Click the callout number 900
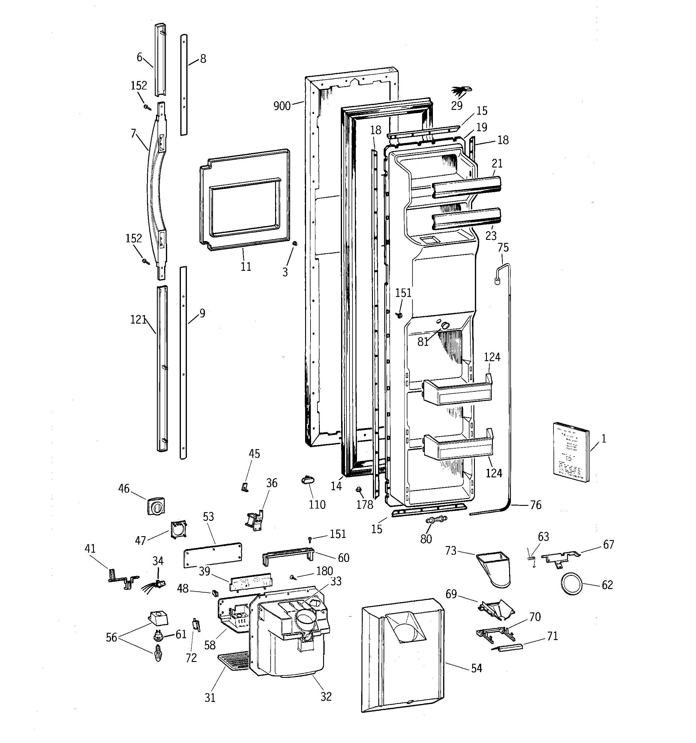[x=282, y=106]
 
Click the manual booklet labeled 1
[x=571, y=452]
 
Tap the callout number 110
[x=317, y=505]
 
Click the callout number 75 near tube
[x=503, y=248]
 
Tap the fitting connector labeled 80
[x=436, y=520]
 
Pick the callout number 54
[x=476, y=668]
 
